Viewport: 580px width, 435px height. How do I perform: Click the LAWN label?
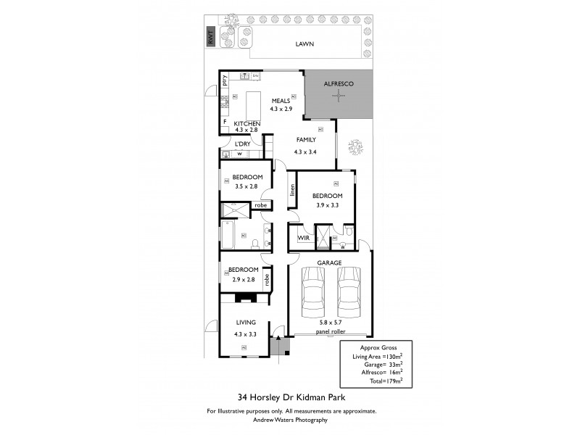pyautogui.click(x=304, y=44)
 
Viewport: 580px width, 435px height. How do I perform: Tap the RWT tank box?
pyautogui.click(x=211, y=38)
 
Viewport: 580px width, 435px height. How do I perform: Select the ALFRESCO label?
pyautogui.click(x=338, y=84)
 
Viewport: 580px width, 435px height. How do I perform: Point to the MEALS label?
pyautogui.click(x=281, y=100)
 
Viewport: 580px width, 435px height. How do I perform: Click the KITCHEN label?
pyautogui.click(x=247, y=124)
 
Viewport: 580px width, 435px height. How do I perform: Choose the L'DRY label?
pyautogui.click(x=242, y=144)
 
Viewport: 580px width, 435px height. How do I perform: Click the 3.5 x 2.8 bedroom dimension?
pyautogui.click(x=246, y=186)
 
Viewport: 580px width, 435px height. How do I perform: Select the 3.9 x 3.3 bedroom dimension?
pyautogui.click(x=327, y=205)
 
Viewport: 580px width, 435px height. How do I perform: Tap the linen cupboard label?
pyautogui.click(x=292, y=190)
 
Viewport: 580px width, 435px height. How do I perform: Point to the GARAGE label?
pyautogui.click(x=329, y=262)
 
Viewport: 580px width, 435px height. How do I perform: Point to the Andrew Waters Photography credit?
pyautogui.click(x=291, y=420)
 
